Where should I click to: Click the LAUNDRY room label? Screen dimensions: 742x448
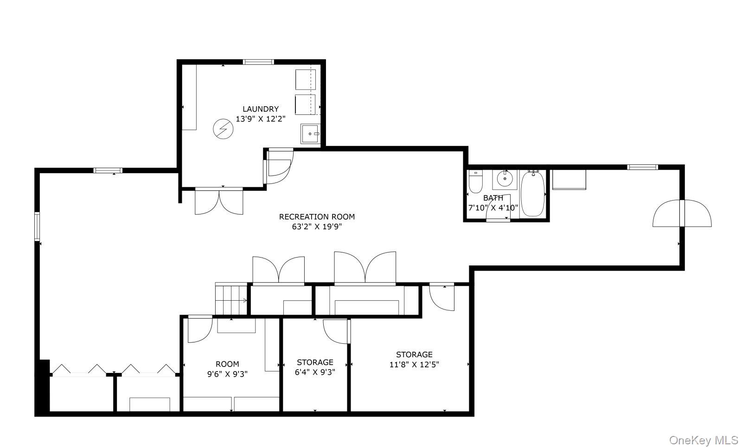pyautogui.click(x=261, y=109)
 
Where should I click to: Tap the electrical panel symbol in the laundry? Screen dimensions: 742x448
pyautogui.click(x=223, y=129)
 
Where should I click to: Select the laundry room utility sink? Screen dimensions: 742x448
pyautogui.click(x=310, y=134)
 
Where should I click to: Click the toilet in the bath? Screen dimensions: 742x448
pyautogui.click(x=476, y=181)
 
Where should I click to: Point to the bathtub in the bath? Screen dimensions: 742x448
pyautogui.click(x=533, y=194)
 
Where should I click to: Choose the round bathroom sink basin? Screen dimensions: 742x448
pyautogui.click(x=505, y=179)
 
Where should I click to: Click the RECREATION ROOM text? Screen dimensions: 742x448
pyautogui.click(x=317, y=217)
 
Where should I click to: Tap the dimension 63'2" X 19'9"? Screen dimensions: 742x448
pyautogui.click(x=317, y=227)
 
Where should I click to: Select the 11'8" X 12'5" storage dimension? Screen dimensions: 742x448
pyautogui.click(x=415, y=365)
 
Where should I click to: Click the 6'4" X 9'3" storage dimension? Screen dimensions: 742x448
pyautogui.click(x=315, y=372)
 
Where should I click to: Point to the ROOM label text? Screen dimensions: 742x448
pyautogui.click(x=227, y=364)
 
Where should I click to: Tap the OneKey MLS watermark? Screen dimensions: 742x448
pyautogui.click(x=704, y=441)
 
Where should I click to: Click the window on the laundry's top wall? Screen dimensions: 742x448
pyautogui.click(x=258, y=62)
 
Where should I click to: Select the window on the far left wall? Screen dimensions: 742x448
pyautogui.click(x=37, y=226)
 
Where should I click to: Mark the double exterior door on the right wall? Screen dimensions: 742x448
pyautogui.click(x=682, y=214)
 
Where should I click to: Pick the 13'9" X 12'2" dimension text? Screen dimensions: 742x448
pyautogui.click(x=261, y=119)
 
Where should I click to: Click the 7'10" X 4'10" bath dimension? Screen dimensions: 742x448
pyautogui.click(x=493, y=208)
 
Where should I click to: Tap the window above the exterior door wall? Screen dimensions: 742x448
pyautogui.click(x=643, y=167)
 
